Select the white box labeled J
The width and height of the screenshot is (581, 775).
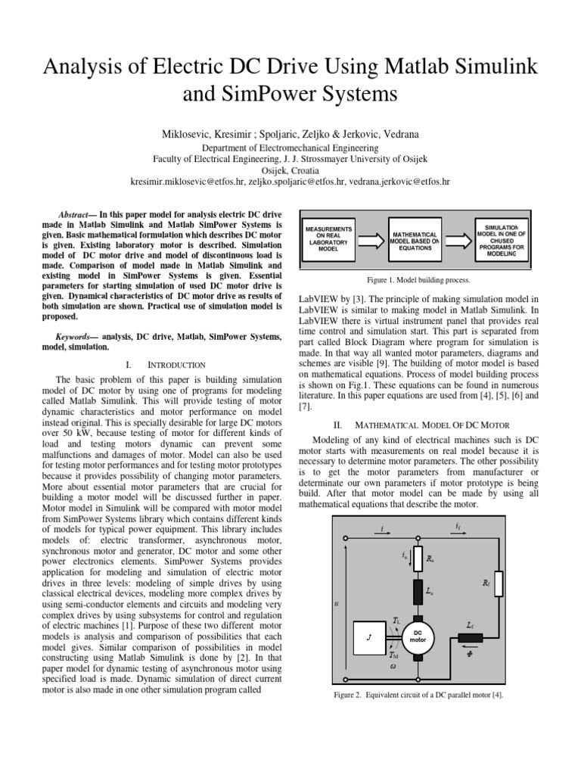pos(371,637)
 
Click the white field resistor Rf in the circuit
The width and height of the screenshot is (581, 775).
pos(498,584)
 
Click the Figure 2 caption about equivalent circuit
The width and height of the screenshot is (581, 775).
pos(418,695)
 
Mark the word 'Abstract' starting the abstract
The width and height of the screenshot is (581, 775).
pos(76,214)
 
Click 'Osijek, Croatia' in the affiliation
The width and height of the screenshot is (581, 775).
pos(290,171)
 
